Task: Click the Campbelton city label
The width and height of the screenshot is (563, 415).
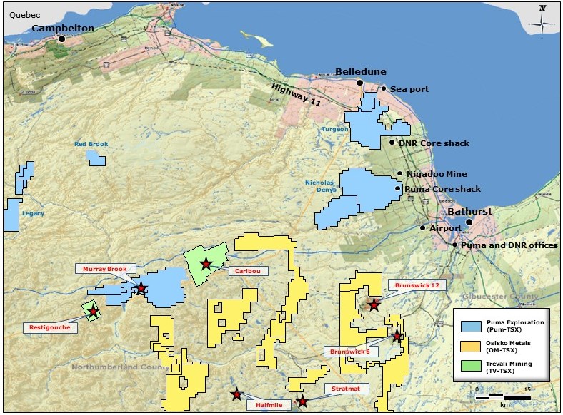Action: pos(63,28)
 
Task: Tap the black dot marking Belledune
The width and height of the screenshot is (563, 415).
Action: pos(360,83)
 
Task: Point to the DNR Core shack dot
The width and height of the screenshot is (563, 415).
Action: pos(392,143)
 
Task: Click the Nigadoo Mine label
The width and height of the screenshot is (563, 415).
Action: pos(437,174)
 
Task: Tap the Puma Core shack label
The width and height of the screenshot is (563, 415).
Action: pos(442,189)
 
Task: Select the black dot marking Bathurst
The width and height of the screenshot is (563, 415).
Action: pos(469,222)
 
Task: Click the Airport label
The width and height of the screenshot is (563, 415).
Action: pos(445,228)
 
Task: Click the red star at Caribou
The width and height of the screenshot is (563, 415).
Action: pos(206,264)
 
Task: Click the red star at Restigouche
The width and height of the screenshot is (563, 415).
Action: pos(93,312)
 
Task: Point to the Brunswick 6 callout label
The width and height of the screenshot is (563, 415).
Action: pos(349,352)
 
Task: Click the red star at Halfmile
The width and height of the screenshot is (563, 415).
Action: pos(236,394)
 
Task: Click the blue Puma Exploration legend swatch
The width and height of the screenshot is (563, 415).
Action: pos(472,325)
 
